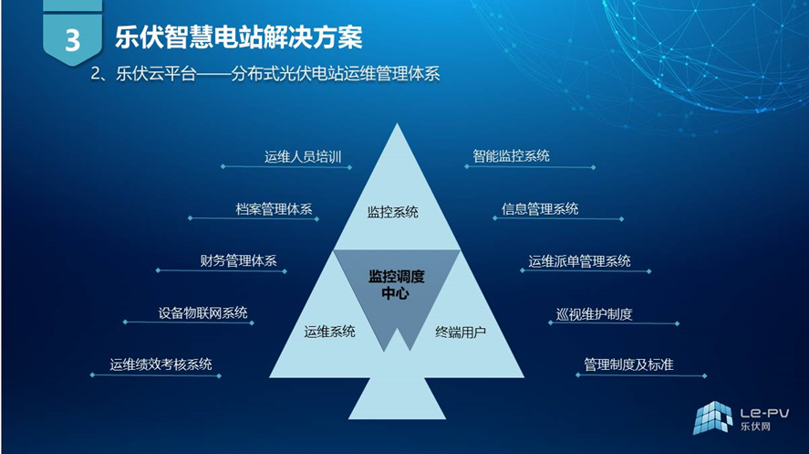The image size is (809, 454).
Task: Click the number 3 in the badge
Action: click(73, 40)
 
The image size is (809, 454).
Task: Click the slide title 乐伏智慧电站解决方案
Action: click(239, 37)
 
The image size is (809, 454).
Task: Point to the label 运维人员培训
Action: click(303, 156)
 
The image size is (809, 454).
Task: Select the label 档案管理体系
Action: click(274, 209)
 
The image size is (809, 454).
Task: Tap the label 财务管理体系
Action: click(238, 260)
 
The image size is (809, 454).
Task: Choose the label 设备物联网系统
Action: click(202, 312)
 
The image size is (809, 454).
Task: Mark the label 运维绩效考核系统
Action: click(161, 364)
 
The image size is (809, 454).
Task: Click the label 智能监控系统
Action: click(512, 155)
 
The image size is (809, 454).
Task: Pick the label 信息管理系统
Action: click(540, 208)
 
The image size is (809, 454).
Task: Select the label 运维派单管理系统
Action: click(579, 261)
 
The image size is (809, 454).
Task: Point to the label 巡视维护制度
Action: click(594, 313)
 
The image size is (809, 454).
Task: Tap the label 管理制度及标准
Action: click(628, 364)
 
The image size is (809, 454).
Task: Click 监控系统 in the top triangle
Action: click(392, 212)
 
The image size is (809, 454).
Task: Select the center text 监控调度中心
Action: click(396, 285)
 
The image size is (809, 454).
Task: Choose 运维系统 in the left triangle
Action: click(329, 331)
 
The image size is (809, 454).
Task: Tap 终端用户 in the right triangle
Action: click(461, 332)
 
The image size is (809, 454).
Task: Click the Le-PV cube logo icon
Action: click(712, 417)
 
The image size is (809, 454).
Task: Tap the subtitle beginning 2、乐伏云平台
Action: click(265, 73)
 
